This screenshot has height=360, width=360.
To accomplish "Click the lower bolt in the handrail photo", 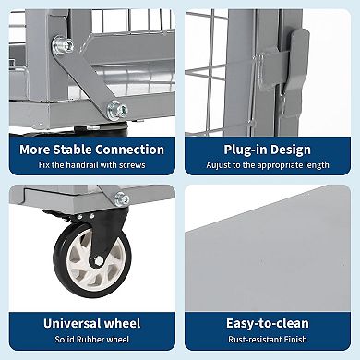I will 116,109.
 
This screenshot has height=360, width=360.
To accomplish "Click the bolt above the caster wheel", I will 122,198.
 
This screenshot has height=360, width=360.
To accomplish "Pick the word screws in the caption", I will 134,165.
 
